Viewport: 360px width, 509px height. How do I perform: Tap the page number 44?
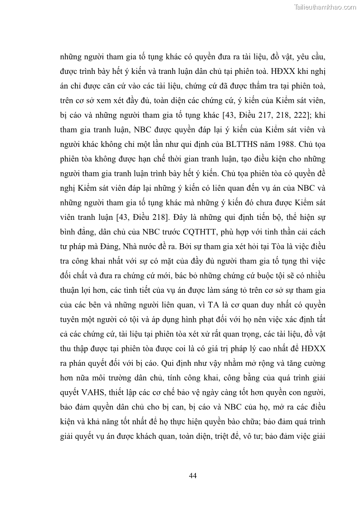(x=192, y=475)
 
